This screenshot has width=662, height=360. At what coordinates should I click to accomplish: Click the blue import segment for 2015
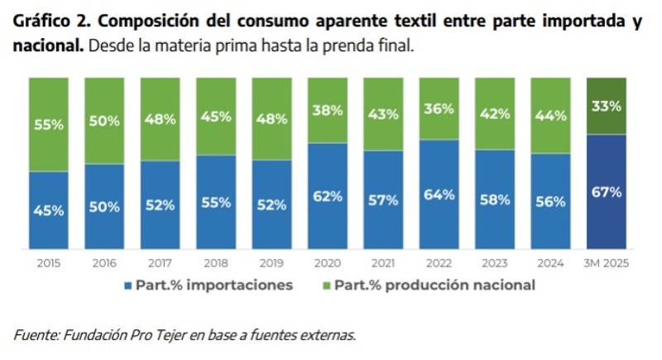[x=49, y=209]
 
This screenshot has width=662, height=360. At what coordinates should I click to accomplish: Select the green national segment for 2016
[x=104, y=121]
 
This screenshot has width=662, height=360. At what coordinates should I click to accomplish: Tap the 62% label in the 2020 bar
[x=328, y=196]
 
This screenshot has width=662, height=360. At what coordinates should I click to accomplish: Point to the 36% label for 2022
[x=439, y=108]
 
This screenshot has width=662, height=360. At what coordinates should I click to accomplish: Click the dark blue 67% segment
[x=606, y=191]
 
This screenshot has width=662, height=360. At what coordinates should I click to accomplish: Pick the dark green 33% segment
[x=606, y=105]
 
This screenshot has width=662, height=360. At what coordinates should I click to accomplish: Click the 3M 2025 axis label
[x=606, y=263]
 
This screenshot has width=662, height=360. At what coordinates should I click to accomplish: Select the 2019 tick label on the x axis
[x=271, y=263]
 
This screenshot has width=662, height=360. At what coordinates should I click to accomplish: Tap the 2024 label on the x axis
[x=550, y=263]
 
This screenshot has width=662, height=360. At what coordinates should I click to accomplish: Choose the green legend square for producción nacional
[x=324, y=286]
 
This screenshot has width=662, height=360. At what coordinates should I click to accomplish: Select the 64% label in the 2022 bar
[x=439, y=194]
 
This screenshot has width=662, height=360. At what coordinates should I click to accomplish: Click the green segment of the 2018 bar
[x=216, y=117]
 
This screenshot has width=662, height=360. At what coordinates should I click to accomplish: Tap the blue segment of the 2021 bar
[x=383, y=199]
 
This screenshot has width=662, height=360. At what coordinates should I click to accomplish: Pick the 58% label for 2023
[x=495, y=199]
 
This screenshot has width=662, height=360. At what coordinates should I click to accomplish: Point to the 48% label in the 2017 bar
[x=161, y=118]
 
